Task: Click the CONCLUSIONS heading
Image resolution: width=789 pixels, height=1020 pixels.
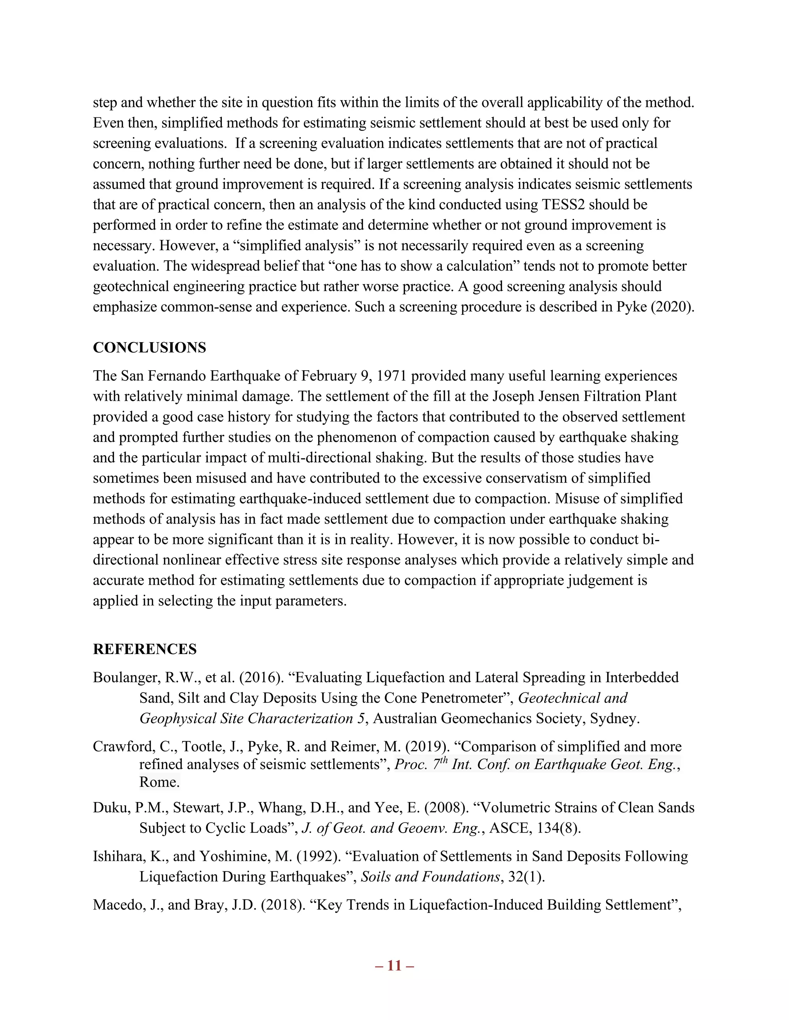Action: tap(149, 348)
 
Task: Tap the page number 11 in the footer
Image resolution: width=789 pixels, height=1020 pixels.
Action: tap(394, 965)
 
